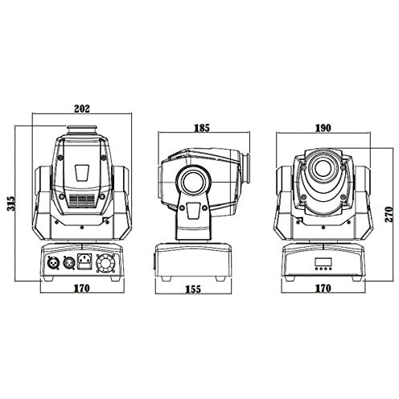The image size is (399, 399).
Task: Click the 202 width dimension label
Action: [82, 109]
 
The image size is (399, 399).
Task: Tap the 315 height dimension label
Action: [11, 204]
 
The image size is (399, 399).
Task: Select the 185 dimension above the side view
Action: [202, 128]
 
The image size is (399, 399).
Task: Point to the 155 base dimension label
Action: [193, 289]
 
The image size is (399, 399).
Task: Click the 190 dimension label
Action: [323, 128]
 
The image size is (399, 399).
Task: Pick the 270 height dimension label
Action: [389, 214]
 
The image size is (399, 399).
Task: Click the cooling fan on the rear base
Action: [107, 264]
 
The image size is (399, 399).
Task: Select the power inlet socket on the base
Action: [84, 261]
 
